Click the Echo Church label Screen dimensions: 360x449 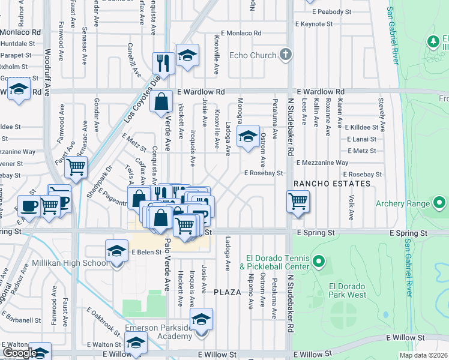pos(253,55)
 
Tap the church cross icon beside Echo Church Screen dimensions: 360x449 pos(286,55)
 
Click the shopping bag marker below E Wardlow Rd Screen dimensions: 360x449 pos(162,102)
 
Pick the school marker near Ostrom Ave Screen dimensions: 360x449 pos(248,136)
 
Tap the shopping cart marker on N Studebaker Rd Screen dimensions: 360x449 pos(298,202)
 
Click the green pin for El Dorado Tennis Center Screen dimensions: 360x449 pos(319,262)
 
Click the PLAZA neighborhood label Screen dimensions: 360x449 pos(227,292)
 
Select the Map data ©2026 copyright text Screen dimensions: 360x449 pos(424,355)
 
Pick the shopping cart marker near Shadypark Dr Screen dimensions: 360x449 pos(76,167)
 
